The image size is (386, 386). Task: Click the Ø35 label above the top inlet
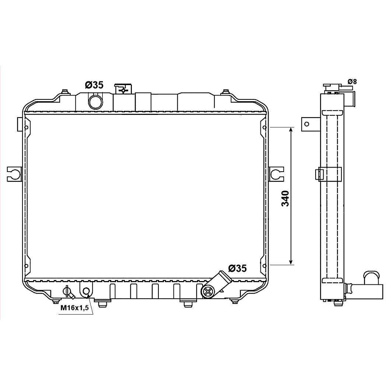coord(94,85)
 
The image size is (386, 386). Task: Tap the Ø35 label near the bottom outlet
coord(237,268)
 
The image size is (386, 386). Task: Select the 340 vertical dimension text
coord(285,198)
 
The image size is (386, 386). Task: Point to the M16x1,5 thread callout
coord(75,308)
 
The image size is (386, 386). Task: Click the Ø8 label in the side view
coord(352,81)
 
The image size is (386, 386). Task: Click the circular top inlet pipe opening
coord(95,102)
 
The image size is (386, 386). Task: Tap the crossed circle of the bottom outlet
coord(208,292)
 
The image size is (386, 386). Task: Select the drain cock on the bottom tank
coord(68,292)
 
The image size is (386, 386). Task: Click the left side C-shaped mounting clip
coord(14,174)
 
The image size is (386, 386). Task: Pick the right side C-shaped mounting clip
coord(276,174)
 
